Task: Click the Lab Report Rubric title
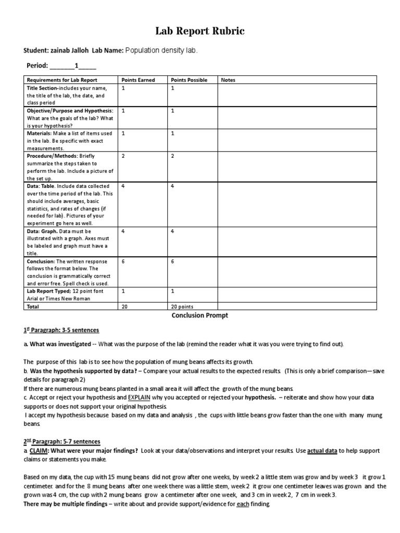click(200, 32)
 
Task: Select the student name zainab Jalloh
click(70, 50)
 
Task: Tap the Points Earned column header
click(138, 80)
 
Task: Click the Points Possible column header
click(189, 80)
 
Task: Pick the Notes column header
click(229, 80)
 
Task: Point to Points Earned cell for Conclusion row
click(124, 262)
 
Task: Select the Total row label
click(34, 307)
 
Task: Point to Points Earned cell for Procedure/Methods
click(124, 156)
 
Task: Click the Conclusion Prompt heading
click(200, 315)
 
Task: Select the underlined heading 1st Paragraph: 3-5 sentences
click(61, 330)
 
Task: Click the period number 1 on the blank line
click(77, 66)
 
